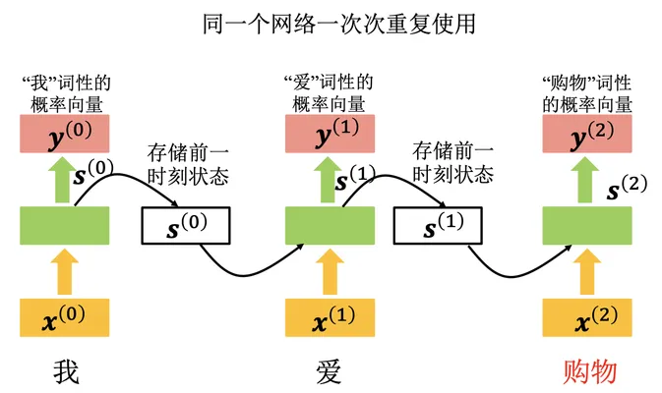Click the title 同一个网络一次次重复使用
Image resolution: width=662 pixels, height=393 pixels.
(x=339, y=24)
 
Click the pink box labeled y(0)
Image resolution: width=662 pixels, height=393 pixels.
(x=65, y=134)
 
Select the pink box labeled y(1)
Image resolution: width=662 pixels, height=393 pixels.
(x=330, y=134)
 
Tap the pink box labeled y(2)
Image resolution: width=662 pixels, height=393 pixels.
(x=587, y=134)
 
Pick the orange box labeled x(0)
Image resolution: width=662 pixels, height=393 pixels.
(x=65, y=317)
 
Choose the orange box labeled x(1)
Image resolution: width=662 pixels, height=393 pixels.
(x=330, y=317)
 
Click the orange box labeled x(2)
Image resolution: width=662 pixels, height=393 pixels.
(x=587, y=317)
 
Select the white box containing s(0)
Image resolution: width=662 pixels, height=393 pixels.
(x=186, y=226)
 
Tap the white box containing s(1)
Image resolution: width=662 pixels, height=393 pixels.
(x=438, y=226)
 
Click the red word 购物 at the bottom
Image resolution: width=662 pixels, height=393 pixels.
(x=590, y=372)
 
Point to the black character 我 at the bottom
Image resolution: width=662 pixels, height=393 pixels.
(x=66, y=372)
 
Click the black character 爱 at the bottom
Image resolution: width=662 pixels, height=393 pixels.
(x=329, y=372)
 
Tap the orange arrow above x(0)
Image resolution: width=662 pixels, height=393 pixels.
(x=65, y=271)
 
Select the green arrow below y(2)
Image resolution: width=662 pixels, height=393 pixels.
(x=585, y=180)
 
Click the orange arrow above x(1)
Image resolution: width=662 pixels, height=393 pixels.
(x=330, y=271)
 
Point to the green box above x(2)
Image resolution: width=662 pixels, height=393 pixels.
(x=587, y=226)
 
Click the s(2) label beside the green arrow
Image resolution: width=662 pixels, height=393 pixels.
(x=627, y=189)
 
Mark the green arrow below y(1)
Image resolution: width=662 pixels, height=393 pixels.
(x=328, y=180)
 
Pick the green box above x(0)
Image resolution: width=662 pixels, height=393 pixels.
(x=65, y=226)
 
